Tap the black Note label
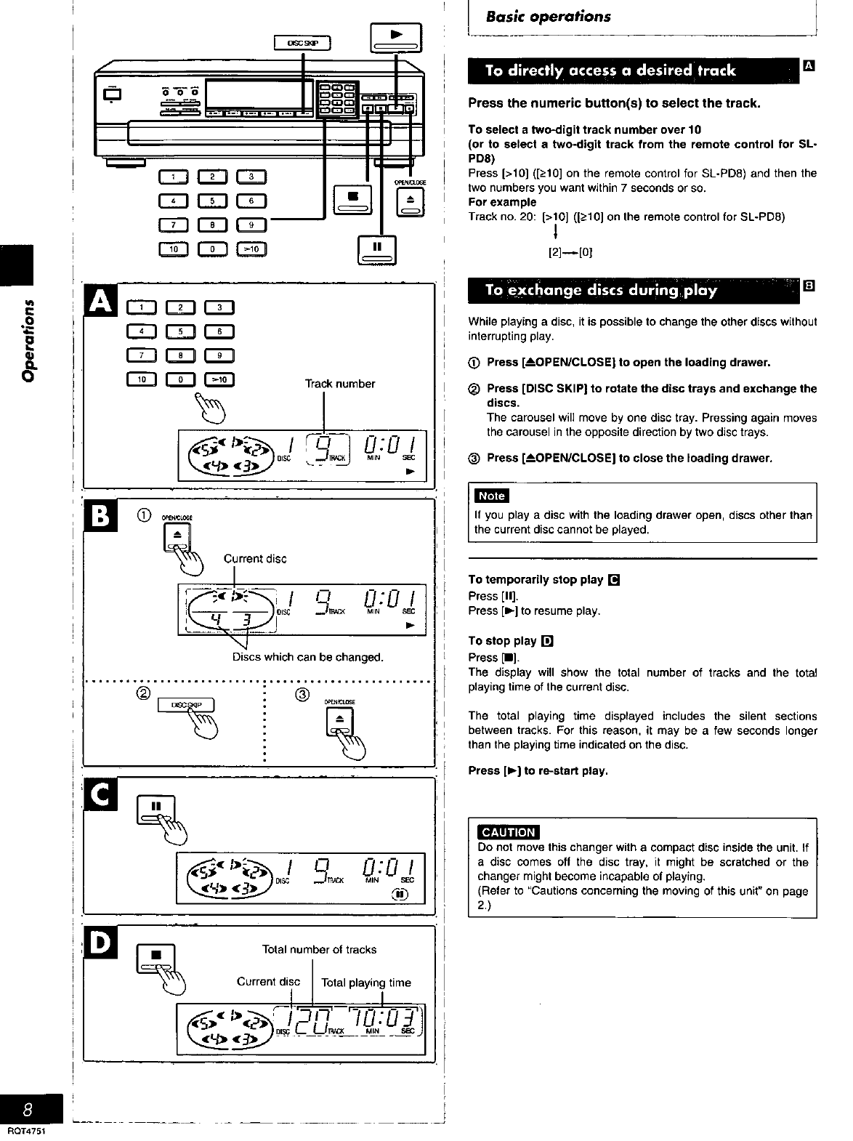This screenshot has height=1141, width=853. [x=491, y=496]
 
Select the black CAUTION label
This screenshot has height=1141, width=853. [x=509, y=832]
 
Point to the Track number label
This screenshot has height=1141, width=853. [x=340, y=384]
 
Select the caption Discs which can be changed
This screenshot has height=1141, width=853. [x=307, y=657]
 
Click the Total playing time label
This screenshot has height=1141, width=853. [x=365, y=983]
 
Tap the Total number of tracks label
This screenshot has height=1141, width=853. [x=319, y=949]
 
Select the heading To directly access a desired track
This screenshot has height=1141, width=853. [x=610, y=70]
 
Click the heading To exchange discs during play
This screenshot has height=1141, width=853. [x=602, y=291]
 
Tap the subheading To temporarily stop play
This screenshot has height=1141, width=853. [x=535, y=579]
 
